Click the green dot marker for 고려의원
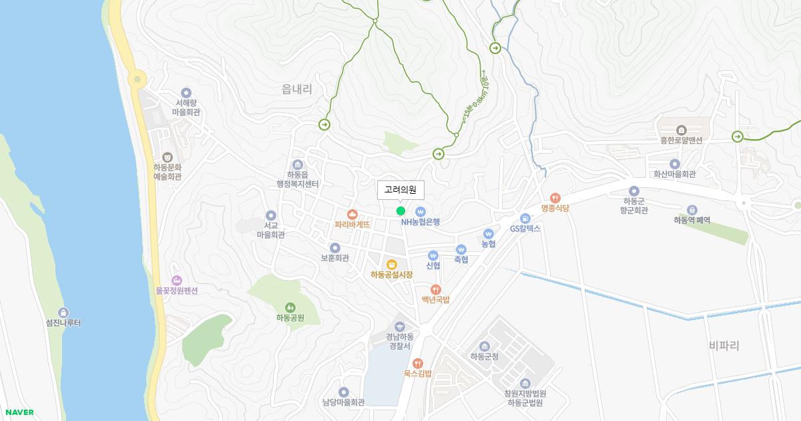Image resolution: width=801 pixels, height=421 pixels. pos(400,211)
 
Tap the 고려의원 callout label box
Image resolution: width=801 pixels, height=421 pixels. pos(400,190)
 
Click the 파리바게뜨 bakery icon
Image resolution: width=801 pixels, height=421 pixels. pos(352,214)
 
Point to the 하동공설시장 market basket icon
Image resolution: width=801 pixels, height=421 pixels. pos(392,264)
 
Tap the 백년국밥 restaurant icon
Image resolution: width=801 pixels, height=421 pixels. pos(436,289)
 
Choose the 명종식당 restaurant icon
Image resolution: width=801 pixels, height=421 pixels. pos(555,198)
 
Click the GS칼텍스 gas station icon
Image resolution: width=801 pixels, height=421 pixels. pos(525,218)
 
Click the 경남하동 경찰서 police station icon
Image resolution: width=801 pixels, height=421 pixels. pos(399,326)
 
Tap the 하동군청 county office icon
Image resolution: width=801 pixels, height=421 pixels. pos(485,346)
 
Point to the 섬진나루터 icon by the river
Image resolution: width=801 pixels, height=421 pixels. pos(63,313)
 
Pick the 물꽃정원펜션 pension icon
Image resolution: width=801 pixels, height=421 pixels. pos(176,281)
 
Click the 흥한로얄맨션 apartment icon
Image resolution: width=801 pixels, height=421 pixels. pos(682,130)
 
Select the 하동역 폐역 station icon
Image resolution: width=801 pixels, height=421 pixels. pos(692,210)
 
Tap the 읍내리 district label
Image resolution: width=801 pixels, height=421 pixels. pos(297,88)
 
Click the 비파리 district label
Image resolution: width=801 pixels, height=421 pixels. pos(724,345)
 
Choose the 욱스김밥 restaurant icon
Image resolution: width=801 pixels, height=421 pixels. pos(418,363)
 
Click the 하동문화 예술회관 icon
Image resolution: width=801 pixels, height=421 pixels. pos(168,157)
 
